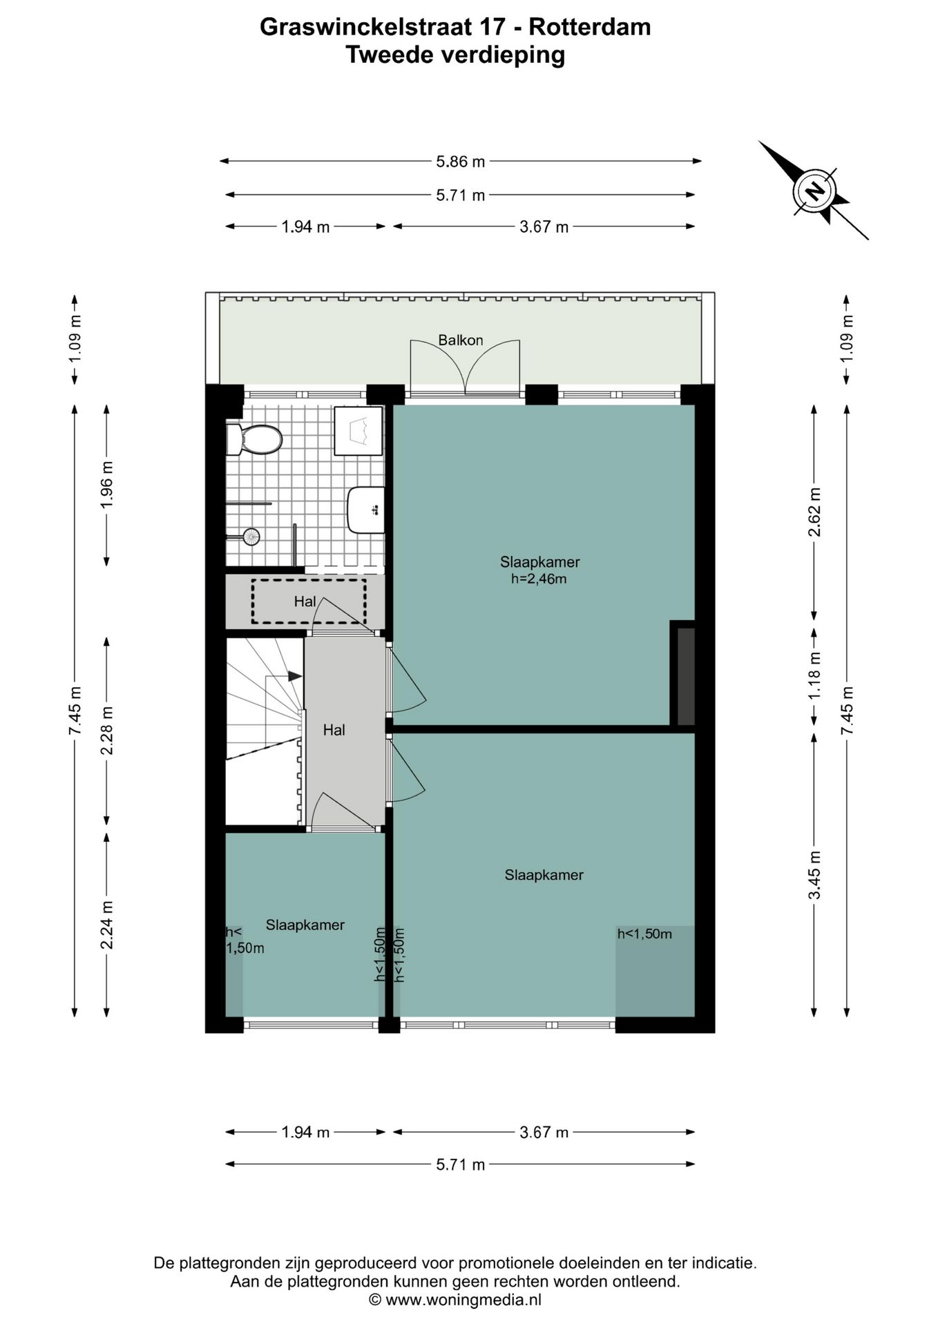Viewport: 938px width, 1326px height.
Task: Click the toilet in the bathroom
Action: pos(254,439)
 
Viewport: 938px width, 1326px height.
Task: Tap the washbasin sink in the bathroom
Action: pos(366,510)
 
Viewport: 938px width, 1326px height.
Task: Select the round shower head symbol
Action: pos(251,537)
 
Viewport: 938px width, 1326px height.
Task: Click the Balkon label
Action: pos(461,340)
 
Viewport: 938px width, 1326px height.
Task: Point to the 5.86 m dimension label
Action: pos(461,162)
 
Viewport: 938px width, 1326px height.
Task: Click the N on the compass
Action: pos(816,190)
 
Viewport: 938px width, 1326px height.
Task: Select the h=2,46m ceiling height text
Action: pos(539,579)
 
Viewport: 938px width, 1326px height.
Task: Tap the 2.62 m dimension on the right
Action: pos(815,512)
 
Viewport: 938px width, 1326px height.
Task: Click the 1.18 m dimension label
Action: pos(815,675)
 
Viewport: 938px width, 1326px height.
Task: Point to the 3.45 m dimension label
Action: pos(815,874)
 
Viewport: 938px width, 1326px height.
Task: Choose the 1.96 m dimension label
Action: pos(107,485)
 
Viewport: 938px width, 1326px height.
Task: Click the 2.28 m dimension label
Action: pos(107,731)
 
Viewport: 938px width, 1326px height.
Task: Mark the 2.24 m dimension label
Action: pos(107,925)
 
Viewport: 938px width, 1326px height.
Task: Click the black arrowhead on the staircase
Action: pos(295,676)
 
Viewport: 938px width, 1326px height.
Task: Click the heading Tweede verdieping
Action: pos(455,54)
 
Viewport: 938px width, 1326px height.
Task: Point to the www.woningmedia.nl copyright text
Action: pos(455,1300)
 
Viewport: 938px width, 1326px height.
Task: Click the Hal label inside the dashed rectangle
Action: pos(305,602)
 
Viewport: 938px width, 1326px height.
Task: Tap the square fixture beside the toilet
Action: pos(358,431)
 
